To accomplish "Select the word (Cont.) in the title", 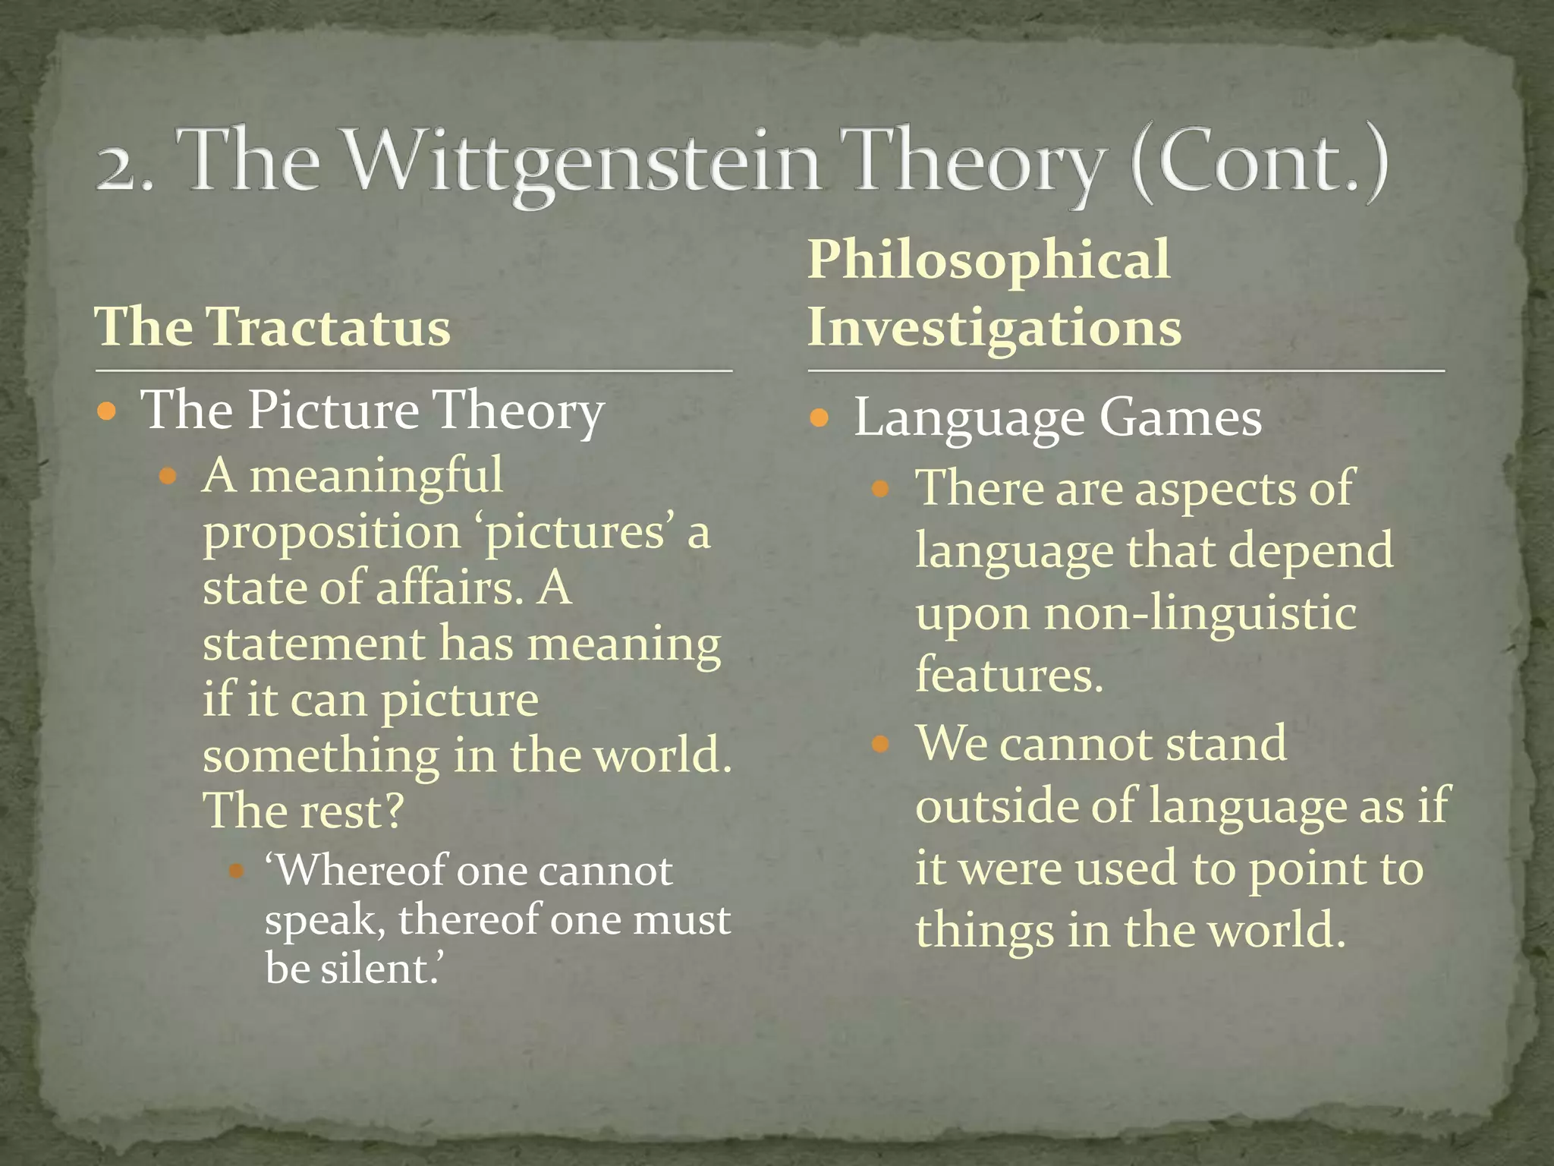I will pyautogui.click(x=1260, y=161).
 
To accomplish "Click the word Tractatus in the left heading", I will pyautogui.click(x=329, y=327).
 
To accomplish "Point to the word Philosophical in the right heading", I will pyautogui.click(x=989, y=260).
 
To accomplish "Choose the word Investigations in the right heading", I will pyautogui.click(x=995, y=327).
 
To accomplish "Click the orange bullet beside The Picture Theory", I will pyautogui.click(x=107, y=413).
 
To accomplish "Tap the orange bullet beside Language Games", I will pyautogui.click(x=819, y=418).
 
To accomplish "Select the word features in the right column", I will pyautogui.click(x=1008, y=674).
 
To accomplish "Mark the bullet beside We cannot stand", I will pyautogui.click(x=880, y=743).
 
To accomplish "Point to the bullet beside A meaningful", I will pyautogui.click(x=168, y=477).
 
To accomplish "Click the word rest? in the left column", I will pyautogui.click(x=351, y=811).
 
